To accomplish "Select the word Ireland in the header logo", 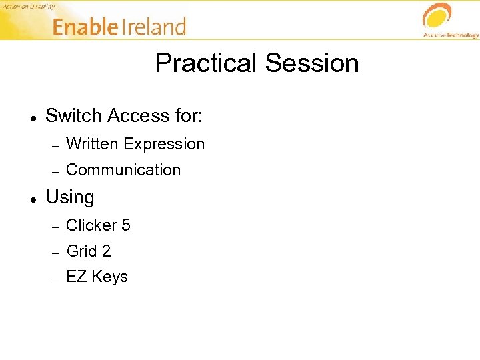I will pyautogui.click(x=153, y=27).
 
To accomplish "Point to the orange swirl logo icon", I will pyautogui.click(x=437, y=16).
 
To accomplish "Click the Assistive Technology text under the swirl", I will pyautogui.click(x=451, y=35).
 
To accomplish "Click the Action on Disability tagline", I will pyautogui.click(x=29, y=6).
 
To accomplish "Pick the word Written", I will pyautogui.click(x=93, y=144).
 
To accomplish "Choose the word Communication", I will pyautogui.click(x=123, y=170).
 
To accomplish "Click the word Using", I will pyautogui.click(x=69, y=198).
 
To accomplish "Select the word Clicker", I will pyautogui.click(x=91, y=225).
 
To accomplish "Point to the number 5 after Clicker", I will pyautogui.click(x=126, y=225).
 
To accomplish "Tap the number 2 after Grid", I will pyautogui.click(x=107, y=251).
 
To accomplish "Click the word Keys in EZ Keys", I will pyautogui.click(x=109, y=277).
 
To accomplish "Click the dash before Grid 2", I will pyautogui.click(x=57, y=252).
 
